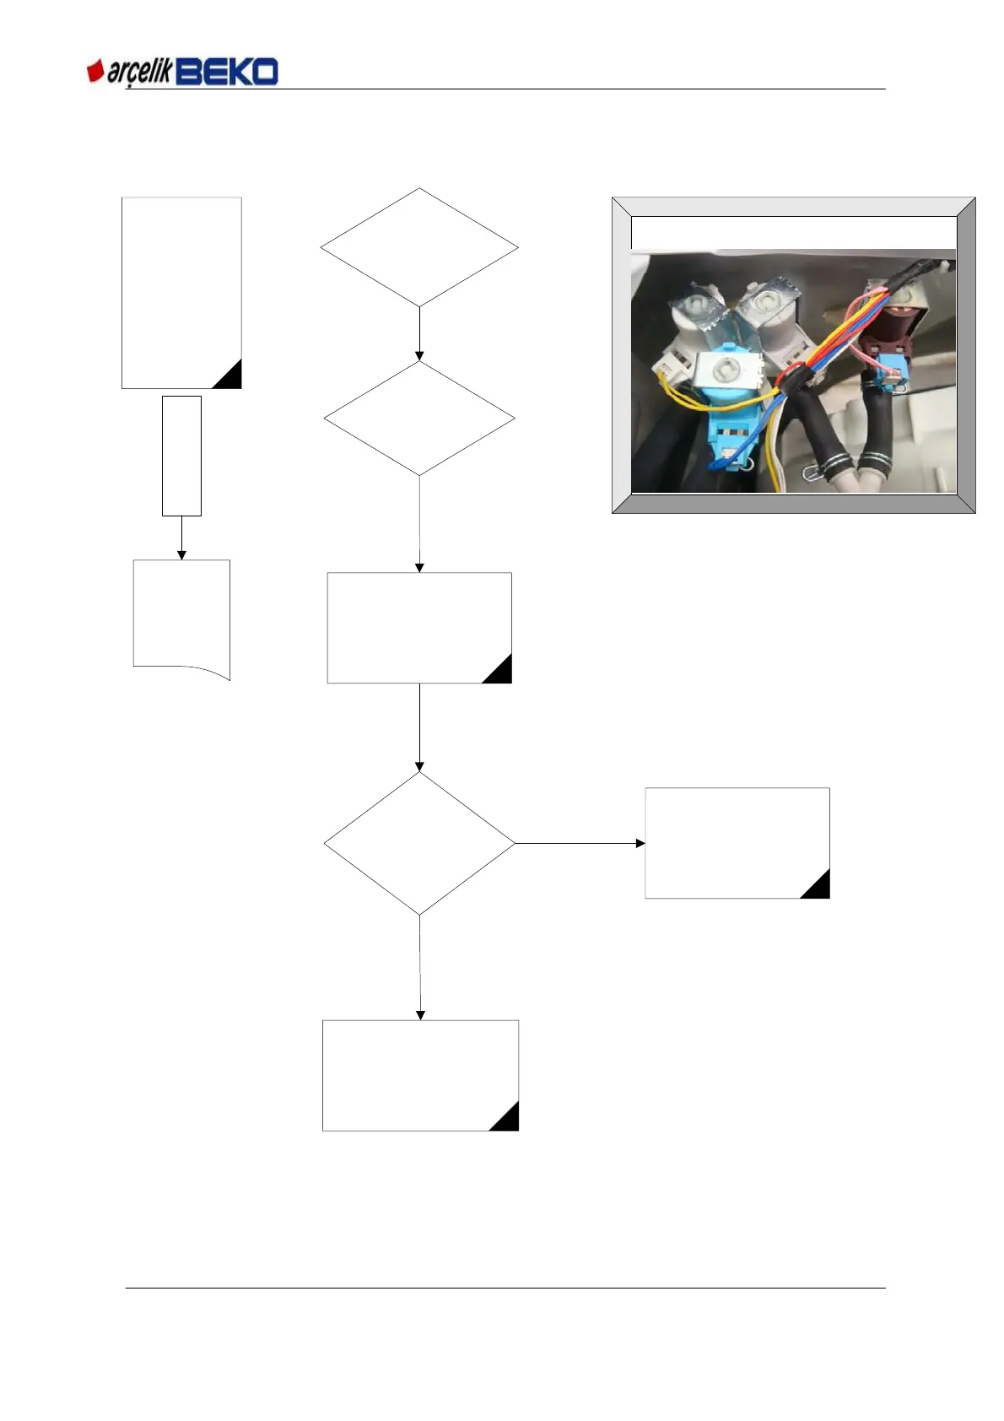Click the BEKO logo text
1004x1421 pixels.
click(x=227, y=72)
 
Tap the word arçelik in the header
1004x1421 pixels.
click(x=139, y=73)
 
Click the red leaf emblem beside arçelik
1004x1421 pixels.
click(x=95, y=71)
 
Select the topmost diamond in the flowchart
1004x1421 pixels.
click(x=419, y=247)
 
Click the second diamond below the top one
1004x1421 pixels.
click(x=419, y=419)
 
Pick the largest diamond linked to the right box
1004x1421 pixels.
click(x=419, y=843)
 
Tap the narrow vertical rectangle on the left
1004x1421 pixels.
click(x=181, y=456)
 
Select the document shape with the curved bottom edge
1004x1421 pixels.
click(x=181, y=616)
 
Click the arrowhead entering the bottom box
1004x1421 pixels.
click(x=420, y=1015)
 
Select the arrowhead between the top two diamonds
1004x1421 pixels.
click(x=419, y=356)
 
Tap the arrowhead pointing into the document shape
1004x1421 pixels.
click(x=181, y=554)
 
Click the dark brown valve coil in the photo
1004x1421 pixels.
click(x=896, y=330)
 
